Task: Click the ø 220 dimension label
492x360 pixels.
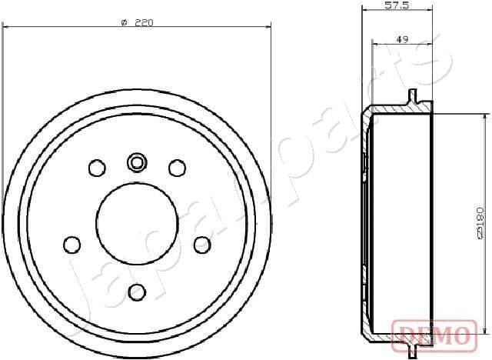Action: coord(138,22)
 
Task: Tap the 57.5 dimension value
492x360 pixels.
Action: coord(395,5)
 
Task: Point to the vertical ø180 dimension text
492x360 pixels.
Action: coord(480,224)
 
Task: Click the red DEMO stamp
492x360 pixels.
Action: coord(436,335)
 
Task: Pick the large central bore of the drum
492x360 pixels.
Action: coord(137,223)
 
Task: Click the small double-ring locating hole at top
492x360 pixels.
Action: coord(137,162)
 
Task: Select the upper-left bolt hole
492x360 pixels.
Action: coord(97,168)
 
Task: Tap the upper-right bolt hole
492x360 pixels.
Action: coord(178,168)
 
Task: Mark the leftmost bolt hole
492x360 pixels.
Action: coord(71,245)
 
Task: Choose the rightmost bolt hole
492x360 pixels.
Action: coord(202,245)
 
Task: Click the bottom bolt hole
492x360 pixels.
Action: coord(137,292)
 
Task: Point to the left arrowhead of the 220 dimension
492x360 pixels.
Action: coord(6,28)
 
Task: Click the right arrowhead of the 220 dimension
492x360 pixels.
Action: coord(268,28)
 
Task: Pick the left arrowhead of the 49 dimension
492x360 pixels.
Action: coord(374,43)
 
